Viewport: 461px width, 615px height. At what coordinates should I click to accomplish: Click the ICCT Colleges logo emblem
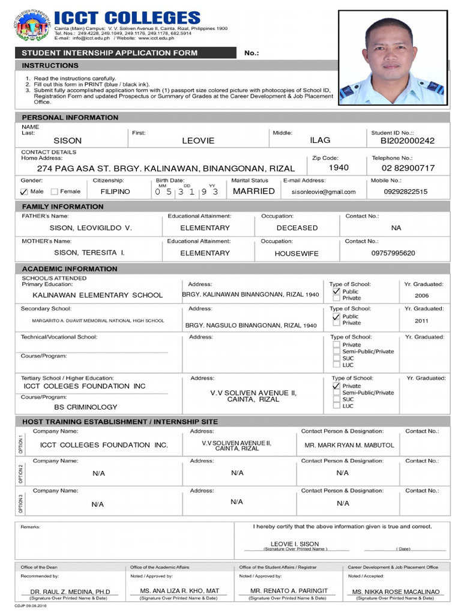(32, 27)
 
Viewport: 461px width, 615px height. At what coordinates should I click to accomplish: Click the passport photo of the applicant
(392, 58)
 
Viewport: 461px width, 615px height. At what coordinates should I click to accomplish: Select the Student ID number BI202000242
(408, 141)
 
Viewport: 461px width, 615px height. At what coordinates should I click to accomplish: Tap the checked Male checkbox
(24, 192)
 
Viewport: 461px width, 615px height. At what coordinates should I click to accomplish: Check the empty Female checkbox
(55, 192)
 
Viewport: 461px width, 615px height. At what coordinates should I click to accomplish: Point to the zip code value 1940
(339, 168)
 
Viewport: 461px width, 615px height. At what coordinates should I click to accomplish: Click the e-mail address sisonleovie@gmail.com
(324, 192)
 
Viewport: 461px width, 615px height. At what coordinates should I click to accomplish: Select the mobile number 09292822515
(406, 192)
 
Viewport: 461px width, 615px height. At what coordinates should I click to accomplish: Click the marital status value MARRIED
(254, 191)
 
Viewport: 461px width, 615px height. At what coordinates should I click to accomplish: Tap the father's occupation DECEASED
(297, 228)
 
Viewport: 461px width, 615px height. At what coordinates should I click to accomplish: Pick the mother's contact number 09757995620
(393, 253)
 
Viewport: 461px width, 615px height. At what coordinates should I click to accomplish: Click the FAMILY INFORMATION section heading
(63, 207)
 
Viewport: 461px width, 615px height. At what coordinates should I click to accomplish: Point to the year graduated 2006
(422, 296)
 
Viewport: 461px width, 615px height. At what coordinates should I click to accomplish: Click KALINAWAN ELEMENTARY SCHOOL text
(97, 295)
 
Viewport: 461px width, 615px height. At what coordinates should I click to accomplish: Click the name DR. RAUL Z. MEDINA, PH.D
(70, 592)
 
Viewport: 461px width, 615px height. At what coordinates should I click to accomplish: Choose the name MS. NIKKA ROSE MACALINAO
(396, 592)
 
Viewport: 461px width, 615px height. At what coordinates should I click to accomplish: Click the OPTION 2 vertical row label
(21, 474)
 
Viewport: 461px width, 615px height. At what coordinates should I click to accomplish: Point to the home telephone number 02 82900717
(408, 168)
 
